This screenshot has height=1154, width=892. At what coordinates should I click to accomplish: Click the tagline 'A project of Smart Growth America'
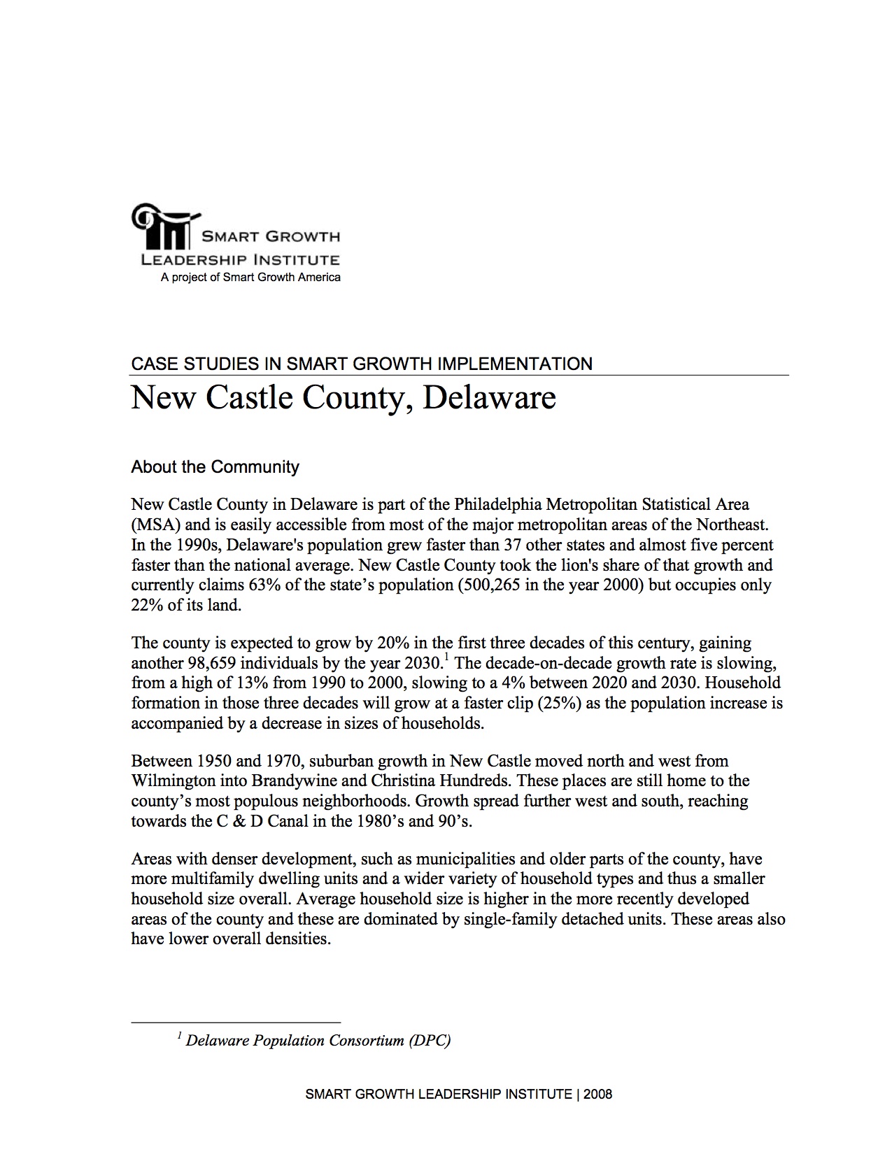tap(250, 278)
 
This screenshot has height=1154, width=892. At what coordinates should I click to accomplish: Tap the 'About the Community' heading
tap(215, 467)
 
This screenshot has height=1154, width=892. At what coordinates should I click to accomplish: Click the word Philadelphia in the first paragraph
tap(497, 504)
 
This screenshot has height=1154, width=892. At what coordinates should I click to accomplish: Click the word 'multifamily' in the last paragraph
tap(196, 879)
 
